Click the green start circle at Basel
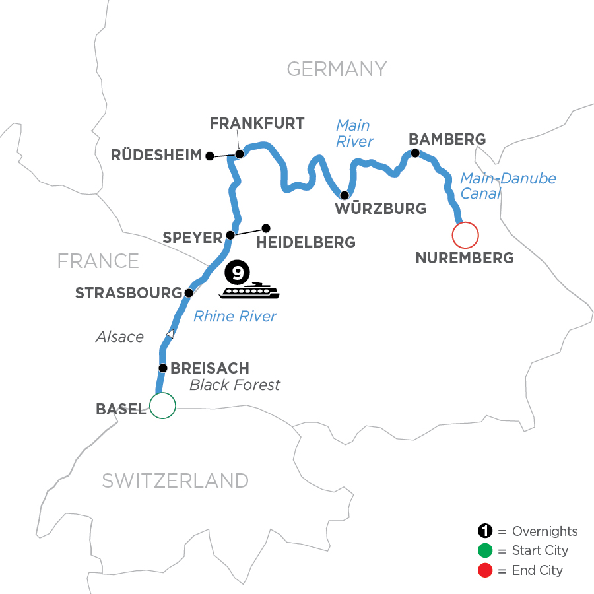click(162, 406)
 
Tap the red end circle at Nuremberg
click(465, 234)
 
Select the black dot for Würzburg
click(344, 195)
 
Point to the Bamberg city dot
click(415, 153)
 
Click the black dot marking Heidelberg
click(266, 228)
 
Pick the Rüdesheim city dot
click(209, 156)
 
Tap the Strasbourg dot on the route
click(189, 292)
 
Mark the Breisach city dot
click(162, 368)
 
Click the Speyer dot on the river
click(230, 235)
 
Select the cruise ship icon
click(250, 290)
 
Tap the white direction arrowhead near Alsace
click(170, 334)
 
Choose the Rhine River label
click(235, 317)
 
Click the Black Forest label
click(235, 385)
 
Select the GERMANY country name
click(337, 69)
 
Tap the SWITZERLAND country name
click(175, 480)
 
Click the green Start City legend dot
click(485, 550)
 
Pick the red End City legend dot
click(485, 570)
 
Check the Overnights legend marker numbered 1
click(485, 531)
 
